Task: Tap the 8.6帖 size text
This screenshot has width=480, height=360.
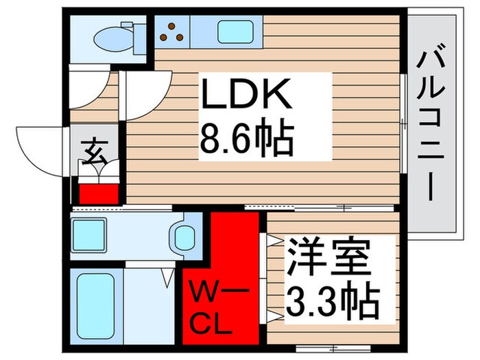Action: [x=247, y=141]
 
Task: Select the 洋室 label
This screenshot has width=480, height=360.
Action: [x=328, y=256]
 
